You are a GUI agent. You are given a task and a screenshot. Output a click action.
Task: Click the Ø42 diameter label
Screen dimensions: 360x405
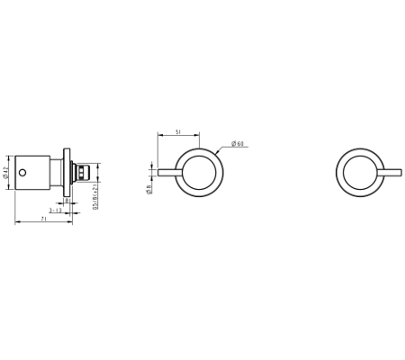6,174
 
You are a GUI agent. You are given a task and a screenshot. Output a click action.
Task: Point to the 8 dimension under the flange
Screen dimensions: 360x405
67,201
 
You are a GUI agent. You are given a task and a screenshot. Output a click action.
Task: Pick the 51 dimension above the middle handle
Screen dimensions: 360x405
179,131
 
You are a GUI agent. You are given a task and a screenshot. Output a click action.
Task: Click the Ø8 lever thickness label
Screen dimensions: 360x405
149,187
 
